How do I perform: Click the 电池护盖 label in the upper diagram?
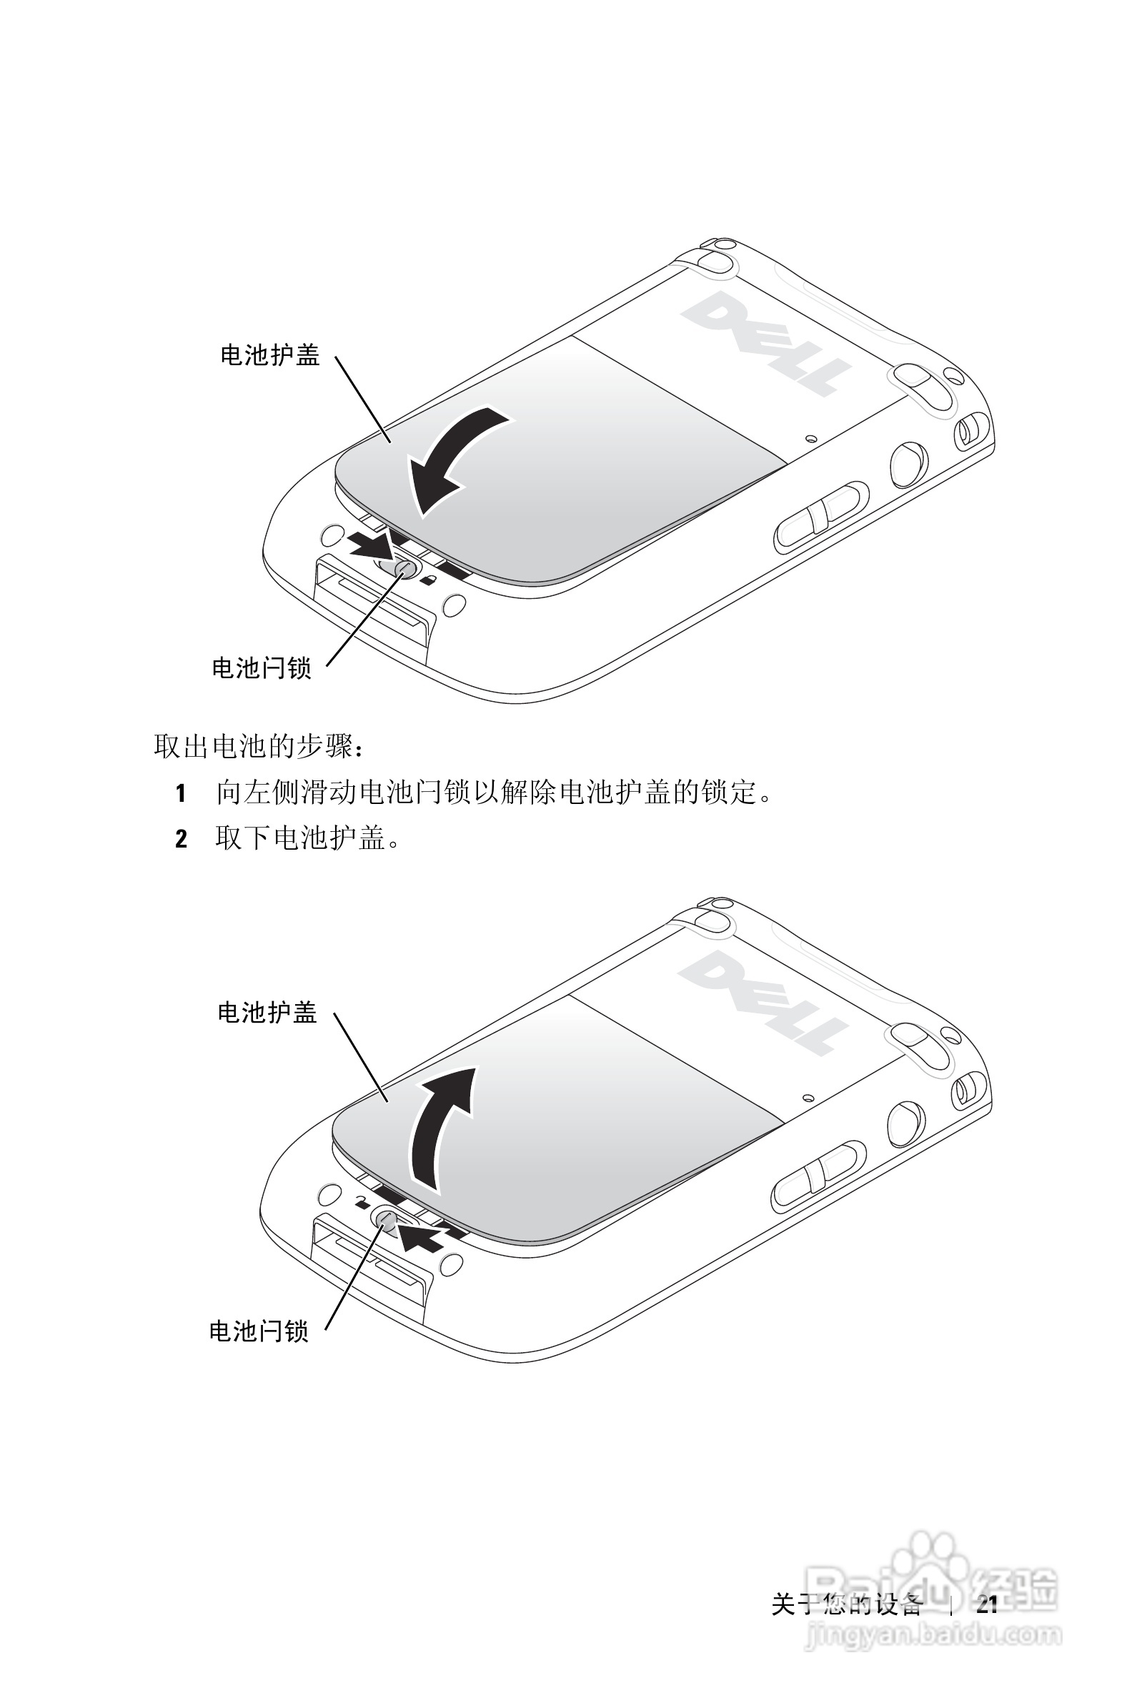tap(270, 355)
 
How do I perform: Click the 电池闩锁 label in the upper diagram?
tap(262, 667)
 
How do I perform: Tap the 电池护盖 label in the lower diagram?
tap(267, 1013)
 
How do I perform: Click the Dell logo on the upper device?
tap(765, 342)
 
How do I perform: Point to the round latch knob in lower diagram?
tap(384, 1219)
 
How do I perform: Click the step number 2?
tap(182, 839)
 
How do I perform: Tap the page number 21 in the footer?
tap(987, 1604)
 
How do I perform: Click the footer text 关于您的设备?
tap(846, 1604)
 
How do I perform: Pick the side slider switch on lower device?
tap(818, 1176)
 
